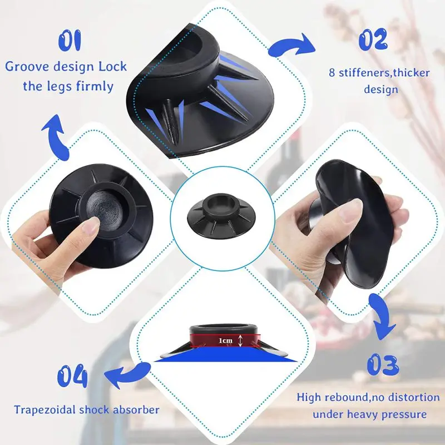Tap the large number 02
[373, 40]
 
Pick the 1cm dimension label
[224, 339]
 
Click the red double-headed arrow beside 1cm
[240, 340]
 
